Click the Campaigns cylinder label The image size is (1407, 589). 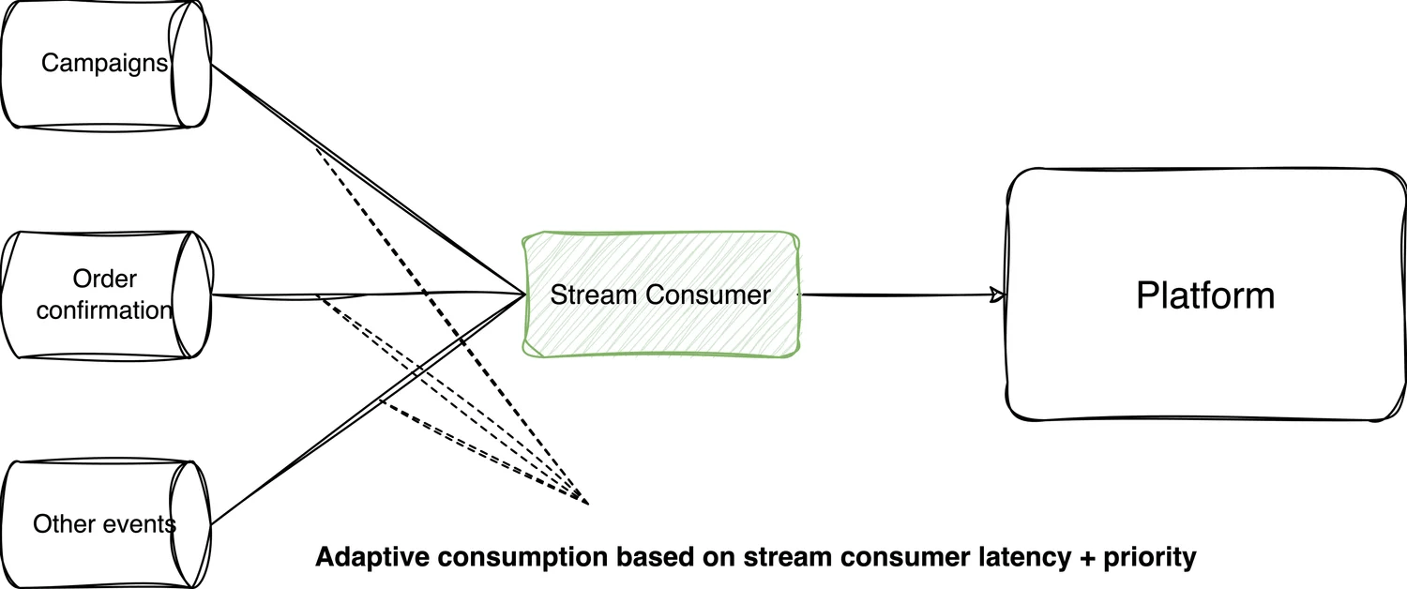(x=104, y=64)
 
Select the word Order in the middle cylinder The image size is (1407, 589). (x=104, y=279)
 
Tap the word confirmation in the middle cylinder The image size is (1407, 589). (x=104, y=310)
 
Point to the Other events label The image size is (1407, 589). (x=104, y=523)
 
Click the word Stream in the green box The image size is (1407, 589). (x=587, y=294)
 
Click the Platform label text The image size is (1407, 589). (x=1205, y=295)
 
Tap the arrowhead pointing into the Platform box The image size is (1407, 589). (x=998, y=296)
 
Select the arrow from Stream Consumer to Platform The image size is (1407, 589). (x=900, y=295)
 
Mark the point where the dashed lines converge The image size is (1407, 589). (x=587, y=504)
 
